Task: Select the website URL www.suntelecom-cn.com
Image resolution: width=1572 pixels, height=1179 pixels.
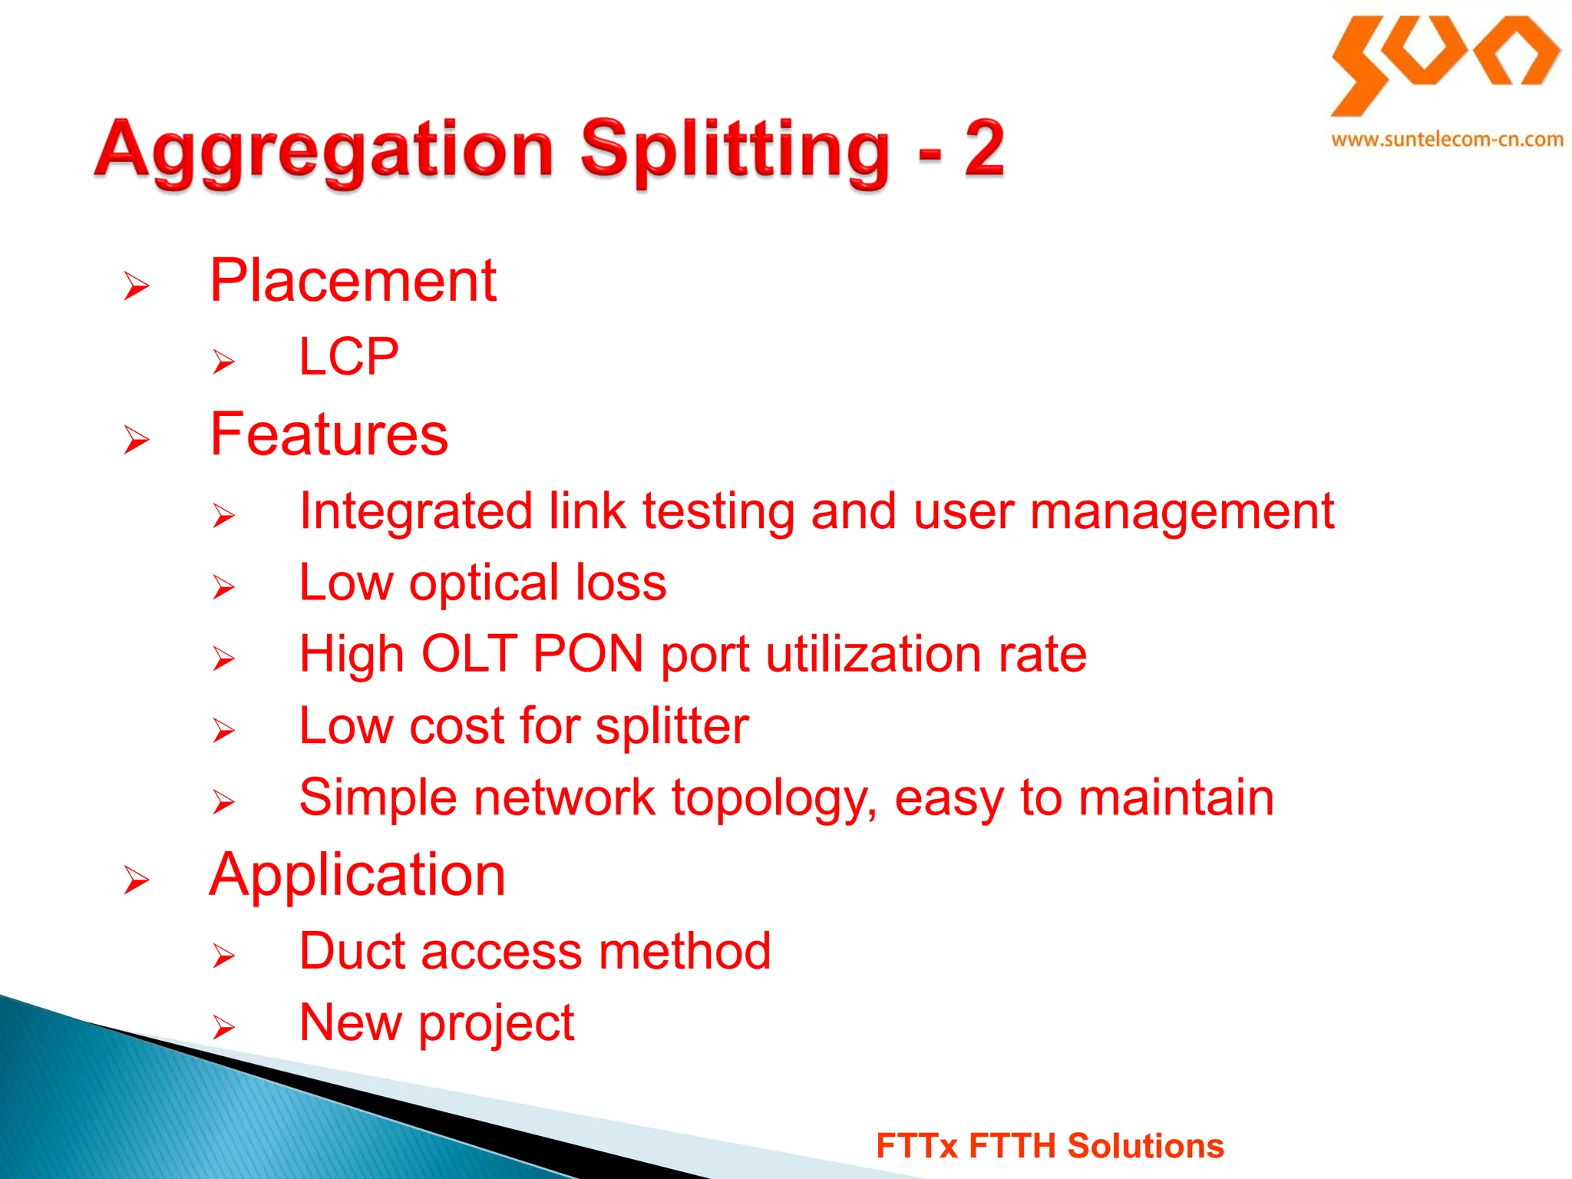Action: pyautogui.click(x=1447, y=140)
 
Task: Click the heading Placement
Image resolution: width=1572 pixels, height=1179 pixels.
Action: pyautogui.click(x=353, y=281)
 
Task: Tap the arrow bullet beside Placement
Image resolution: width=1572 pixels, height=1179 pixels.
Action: pyautogui.click(x=137, y=286)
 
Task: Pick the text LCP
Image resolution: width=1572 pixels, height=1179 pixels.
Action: pyautogui.click(x=349, y=357)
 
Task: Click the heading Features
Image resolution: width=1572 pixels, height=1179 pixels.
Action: pyautogui.click(x=329, y=434)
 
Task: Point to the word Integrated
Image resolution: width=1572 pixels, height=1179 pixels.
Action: pyautogui.click(x=415, y=512)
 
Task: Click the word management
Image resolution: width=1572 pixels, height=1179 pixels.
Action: pyautogui.click(x=1182, y=512)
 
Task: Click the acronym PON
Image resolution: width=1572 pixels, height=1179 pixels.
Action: pyautogui.click(x=588, y=654)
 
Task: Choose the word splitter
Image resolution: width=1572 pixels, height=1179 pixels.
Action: pyautogui.click(x=672, y=726)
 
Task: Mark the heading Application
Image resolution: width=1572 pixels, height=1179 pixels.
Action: pyautogui.click(x=357, y=875)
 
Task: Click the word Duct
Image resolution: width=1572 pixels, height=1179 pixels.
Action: pyautogui.click(x=352, y=951)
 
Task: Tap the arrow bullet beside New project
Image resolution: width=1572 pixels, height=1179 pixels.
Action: pyautogui.click(x=223, y=1026)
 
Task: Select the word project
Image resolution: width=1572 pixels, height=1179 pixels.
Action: pyautogui.click(x=496, y=1025)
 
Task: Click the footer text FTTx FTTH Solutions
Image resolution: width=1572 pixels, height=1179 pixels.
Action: pyautogui.click(x=1049, y=1145)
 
